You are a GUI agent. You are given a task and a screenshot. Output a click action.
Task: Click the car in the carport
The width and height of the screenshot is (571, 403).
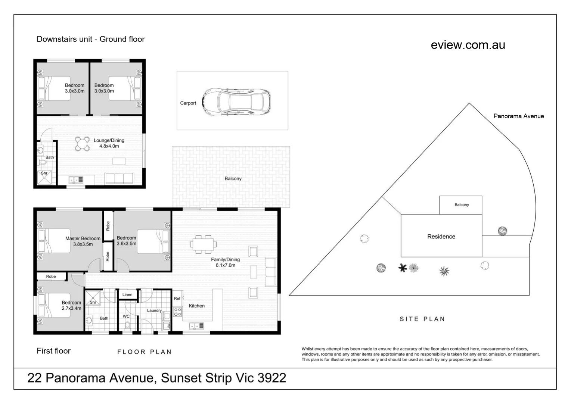236,102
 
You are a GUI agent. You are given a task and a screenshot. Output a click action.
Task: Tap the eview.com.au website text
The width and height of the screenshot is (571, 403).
468,45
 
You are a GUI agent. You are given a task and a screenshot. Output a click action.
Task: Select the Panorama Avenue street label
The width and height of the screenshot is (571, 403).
518,116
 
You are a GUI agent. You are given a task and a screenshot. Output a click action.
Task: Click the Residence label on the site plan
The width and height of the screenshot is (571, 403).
441,237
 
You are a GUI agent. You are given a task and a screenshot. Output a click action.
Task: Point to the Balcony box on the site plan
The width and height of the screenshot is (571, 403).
460,205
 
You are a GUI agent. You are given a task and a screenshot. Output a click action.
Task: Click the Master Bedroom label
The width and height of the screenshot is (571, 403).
83,238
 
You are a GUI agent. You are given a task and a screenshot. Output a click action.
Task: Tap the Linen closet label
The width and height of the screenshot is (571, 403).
127,294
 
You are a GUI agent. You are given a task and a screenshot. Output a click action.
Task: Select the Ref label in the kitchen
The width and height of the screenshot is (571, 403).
177,298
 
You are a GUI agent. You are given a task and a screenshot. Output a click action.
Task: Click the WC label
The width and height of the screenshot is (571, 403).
126,316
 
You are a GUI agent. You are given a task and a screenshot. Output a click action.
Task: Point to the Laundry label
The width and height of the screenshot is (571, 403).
154,310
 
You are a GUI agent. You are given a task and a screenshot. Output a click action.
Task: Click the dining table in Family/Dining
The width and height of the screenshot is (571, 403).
203,244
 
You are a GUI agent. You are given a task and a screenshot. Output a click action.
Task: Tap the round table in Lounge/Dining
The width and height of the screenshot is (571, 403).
82,144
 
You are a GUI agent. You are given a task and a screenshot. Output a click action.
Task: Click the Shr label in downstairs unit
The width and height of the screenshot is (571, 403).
44,173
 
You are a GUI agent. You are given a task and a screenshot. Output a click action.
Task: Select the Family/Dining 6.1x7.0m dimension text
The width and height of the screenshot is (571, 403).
225,265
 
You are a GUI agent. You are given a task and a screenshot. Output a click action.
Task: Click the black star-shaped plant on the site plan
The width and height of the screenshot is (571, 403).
403,268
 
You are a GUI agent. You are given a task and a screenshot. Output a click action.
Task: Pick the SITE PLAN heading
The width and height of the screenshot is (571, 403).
422,319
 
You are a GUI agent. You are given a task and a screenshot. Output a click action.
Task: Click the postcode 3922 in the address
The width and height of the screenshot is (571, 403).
272,378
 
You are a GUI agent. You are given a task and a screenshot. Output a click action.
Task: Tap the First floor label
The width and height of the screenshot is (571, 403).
53,351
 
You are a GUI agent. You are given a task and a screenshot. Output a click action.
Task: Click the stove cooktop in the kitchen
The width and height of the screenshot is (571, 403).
178,312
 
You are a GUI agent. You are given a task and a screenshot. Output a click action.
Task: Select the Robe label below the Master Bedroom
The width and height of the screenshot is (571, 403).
51,277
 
